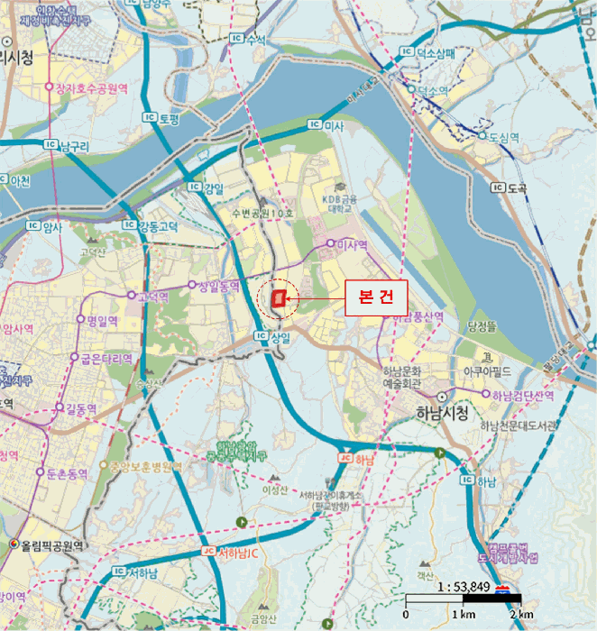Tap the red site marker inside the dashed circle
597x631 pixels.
coord(280,297)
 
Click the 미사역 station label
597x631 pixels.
coord(353,244)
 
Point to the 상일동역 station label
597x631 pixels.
coord(218,286)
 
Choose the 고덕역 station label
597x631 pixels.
coord(152,296)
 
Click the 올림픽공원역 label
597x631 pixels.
coord(53,545)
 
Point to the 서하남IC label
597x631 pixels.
coord(239,553)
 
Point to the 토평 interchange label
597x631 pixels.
coord(169,117)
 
